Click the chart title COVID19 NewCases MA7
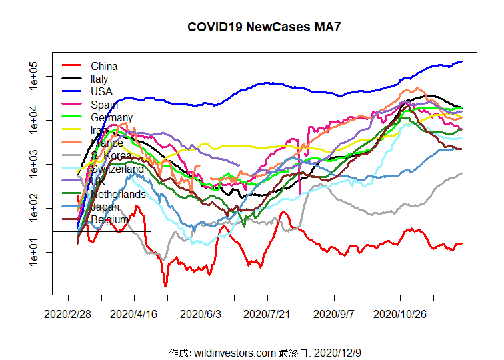(x=259, y=27)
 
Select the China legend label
(x=104, y=66)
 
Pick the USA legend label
(x=101, y=91)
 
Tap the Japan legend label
(x=105, y=207)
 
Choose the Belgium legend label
(x=109, y=219)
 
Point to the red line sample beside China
(x=72, y=66)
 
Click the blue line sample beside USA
(x=72, y=91)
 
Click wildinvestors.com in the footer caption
(x=234, y=352)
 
